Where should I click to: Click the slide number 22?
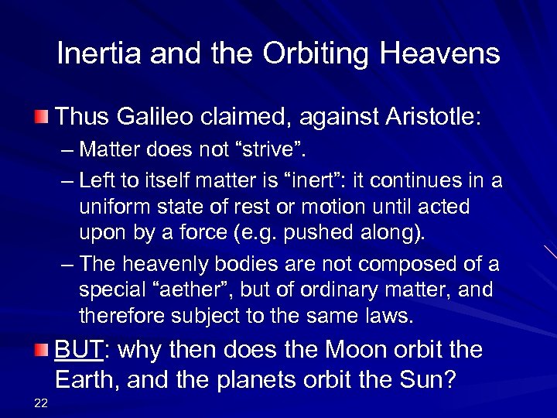point(41,399)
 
